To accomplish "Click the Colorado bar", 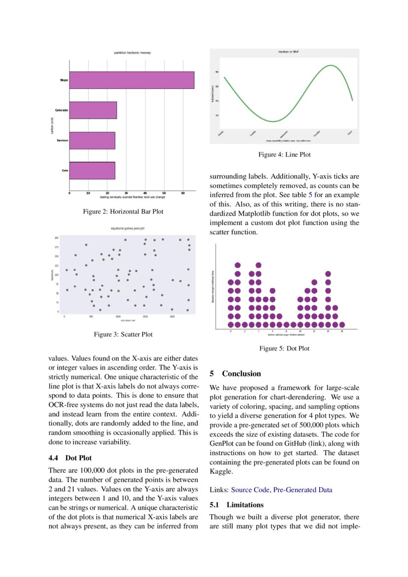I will coord(93,110).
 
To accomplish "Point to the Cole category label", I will coord(65,171).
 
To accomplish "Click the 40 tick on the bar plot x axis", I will coord(145,193).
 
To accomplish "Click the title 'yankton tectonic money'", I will coord(132,52).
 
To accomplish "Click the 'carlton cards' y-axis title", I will coord(52,125).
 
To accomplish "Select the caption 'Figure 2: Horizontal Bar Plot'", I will coord(123,212).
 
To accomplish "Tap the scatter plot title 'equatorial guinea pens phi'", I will coord(127,229).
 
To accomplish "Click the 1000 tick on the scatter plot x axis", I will coord(118,316).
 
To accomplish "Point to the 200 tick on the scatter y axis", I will coord(57,238).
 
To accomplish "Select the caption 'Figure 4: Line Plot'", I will coord(285,155).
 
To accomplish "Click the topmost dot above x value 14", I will coord(328,274).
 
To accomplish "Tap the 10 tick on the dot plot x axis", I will coord(300,331).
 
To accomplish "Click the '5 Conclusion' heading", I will coord(235,374).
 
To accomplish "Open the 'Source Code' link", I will coord(250,490).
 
